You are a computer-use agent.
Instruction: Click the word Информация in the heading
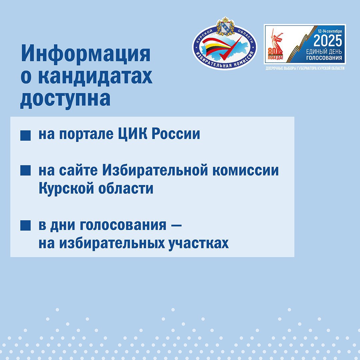click(86, 54)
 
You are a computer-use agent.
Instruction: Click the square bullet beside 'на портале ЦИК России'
click(25, 135)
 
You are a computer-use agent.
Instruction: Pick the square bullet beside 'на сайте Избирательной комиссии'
click(25, 170)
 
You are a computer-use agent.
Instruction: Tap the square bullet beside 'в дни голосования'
click(25, 225)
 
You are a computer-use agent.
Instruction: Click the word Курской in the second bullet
click(66, 189)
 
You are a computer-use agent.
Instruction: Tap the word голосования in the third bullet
click(123, 225)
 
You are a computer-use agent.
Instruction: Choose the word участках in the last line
click(199, 244)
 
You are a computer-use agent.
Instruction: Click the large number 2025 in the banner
click(328, 41)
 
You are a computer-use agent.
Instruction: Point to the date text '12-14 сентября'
click(330, 31)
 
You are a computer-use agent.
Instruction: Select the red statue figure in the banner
click(277, 42)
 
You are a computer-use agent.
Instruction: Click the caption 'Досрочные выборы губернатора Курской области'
click(305, 68)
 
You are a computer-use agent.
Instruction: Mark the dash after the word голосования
click(177, 225)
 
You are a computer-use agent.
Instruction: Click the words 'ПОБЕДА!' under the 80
click(276, 58)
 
